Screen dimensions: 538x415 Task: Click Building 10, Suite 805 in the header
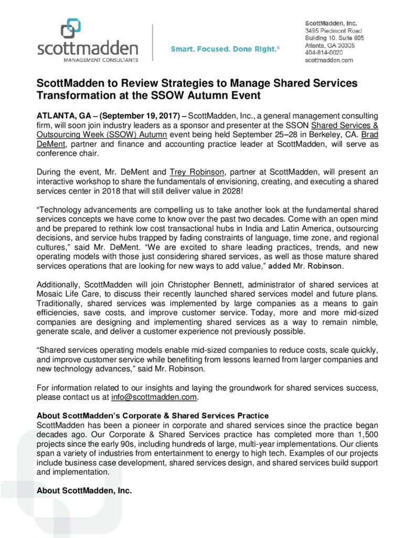click(x=335, y=38)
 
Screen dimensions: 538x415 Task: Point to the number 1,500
click(x=365, y=434)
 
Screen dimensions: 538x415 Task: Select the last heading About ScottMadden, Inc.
click(x=84, y=491)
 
